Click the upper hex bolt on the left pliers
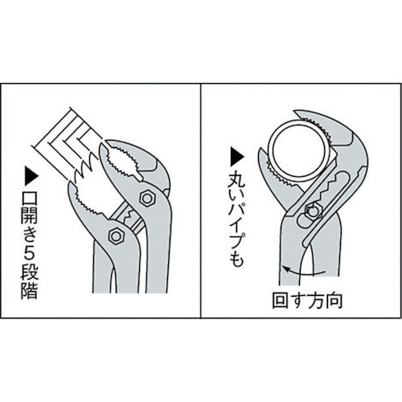tap(148, 196)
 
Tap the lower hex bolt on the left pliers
tap(115, 236)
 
